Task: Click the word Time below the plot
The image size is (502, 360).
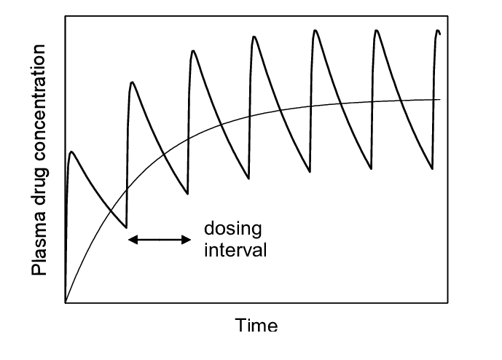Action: click(x=256, y=325)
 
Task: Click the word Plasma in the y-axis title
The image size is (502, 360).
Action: click(x=39, y=249)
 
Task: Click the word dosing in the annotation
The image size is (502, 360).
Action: click(x=232, y=229)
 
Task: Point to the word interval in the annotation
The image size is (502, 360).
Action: click(x=235, y=250)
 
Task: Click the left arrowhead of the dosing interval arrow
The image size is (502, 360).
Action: click(x=133, y=240)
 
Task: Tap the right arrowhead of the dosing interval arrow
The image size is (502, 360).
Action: click(x=186, y=240)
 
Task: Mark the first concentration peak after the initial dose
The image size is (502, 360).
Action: click(x=71, y=152)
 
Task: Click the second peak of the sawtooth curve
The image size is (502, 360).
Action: click(x=132, y=82)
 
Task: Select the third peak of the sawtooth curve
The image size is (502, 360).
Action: click(x=193, y=51)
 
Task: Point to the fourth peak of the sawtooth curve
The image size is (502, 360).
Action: click(x=254, y=36)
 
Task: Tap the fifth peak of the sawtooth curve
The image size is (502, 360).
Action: click(x=315, y=31)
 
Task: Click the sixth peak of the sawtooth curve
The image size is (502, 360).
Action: click(x=377, y=31)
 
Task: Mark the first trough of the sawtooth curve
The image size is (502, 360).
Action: click(x=127, y=227)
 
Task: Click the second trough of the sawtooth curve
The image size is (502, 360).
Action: click(x=187, y=194)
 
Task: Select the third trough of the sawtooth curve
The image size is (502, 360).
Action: click(x=248, y=179)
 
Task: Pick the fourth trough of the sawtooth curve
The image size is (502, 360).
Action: click(x=310, y=172)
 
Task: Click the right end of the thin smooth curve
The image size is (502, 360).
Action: click(x=440, y=100)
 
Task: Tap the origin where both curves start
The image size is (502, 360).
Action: click(x=66, y=302)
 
